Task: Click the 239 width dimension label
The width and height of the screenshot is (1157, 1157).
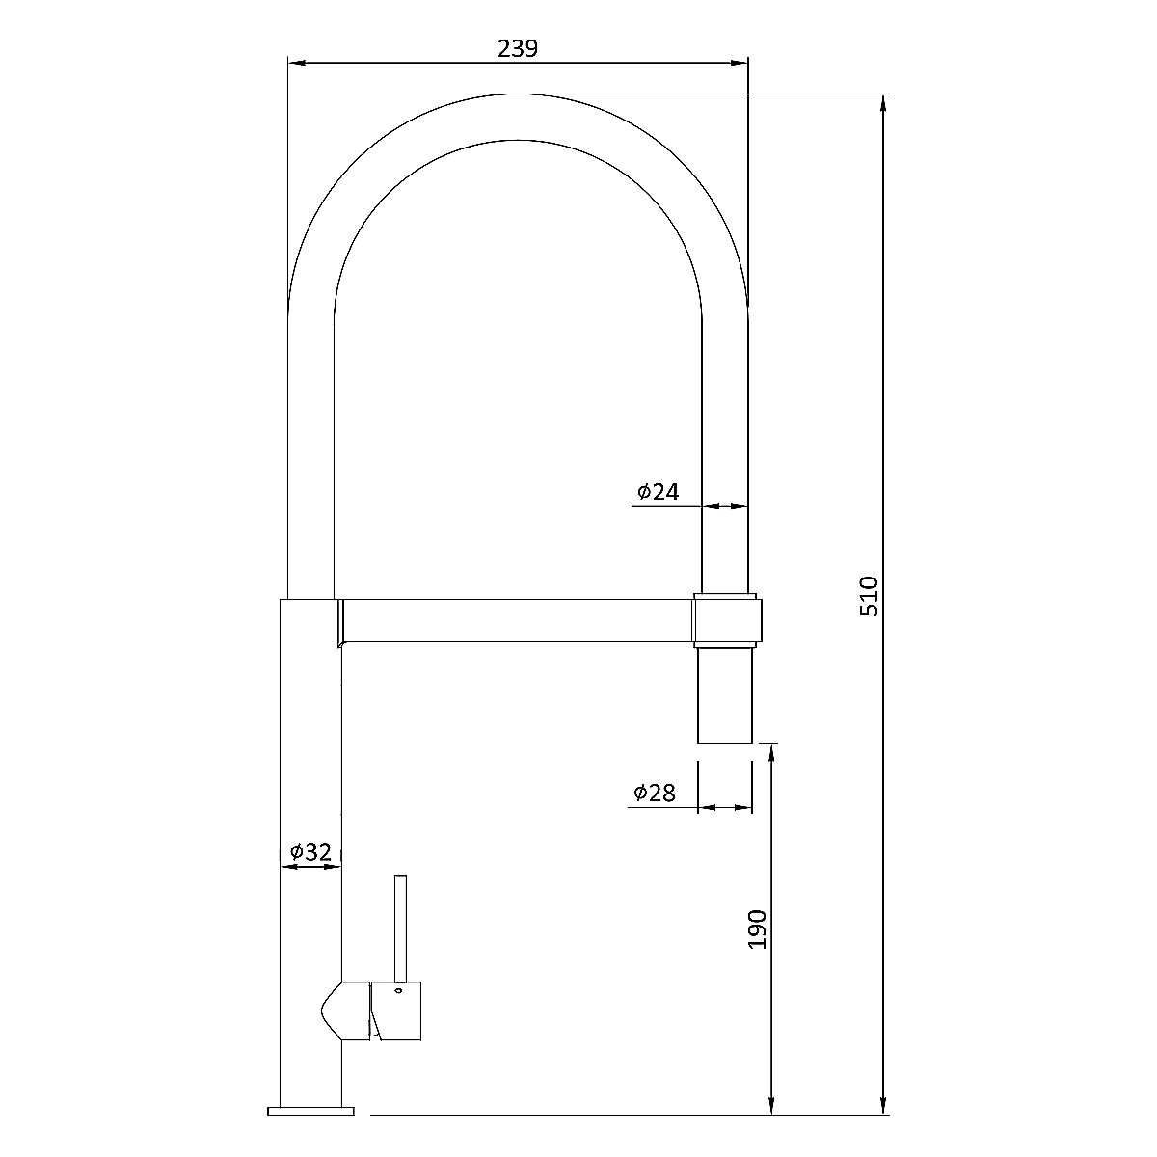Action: tap(518, 48)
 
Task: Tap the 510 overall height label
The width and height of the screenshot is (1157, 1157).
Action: tap(869, 596)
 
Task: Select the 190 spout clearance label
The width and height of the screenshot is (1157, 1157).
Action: tap(757, 930)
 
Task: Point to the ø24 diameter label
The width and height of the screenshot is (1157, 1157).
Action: tap(659, 493)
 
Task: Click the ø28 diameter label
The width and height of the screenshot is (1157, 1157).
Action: tap(655, 794)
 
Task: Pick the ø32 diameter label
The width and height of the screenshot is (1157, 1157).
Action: tap(310, 852)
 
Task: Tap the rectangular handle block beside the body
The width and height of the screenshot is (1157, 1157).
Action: tap(396, 1011)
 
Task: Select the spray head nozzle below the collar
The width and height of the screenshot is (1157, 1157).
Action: tap(725, 695)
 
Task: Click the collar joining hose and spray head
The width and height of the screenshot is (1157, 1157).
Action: tap(727, 620)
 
